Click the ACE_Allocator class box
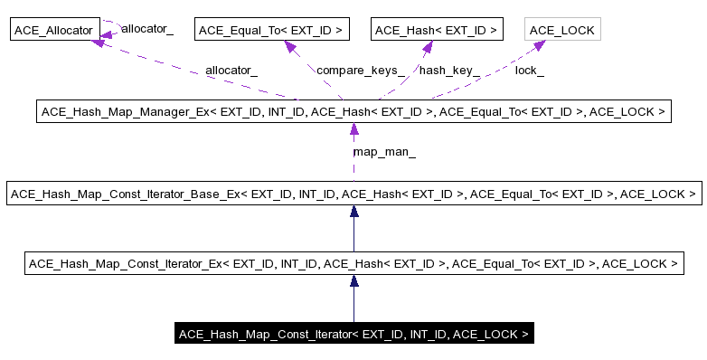(x=53, y=30)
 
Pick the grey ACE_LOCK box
(x=561, y=30)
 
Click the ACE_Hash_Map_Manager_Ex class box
(x=353, y=112)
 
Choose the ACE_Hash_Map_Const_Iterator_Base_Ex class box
(x=353, y=194)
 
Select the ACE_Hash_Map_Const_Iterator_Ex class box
(x=353, y=264)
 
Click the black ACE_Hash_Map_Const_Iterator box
(x=353, y=335)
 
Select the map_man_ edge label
(x=384, y=153)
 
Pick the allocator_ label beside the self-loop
(x=146, y=30)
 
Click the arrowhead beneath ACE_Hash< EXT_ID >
(x=422, y=46)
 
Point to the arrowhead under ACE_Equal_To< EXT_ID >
(x=291, y=46)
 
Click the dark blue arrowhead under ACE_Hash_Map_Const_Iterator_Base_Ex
(x=353, y=212)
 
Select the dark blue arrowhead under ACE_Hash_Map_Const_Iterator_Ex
(x=353, y=281)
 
